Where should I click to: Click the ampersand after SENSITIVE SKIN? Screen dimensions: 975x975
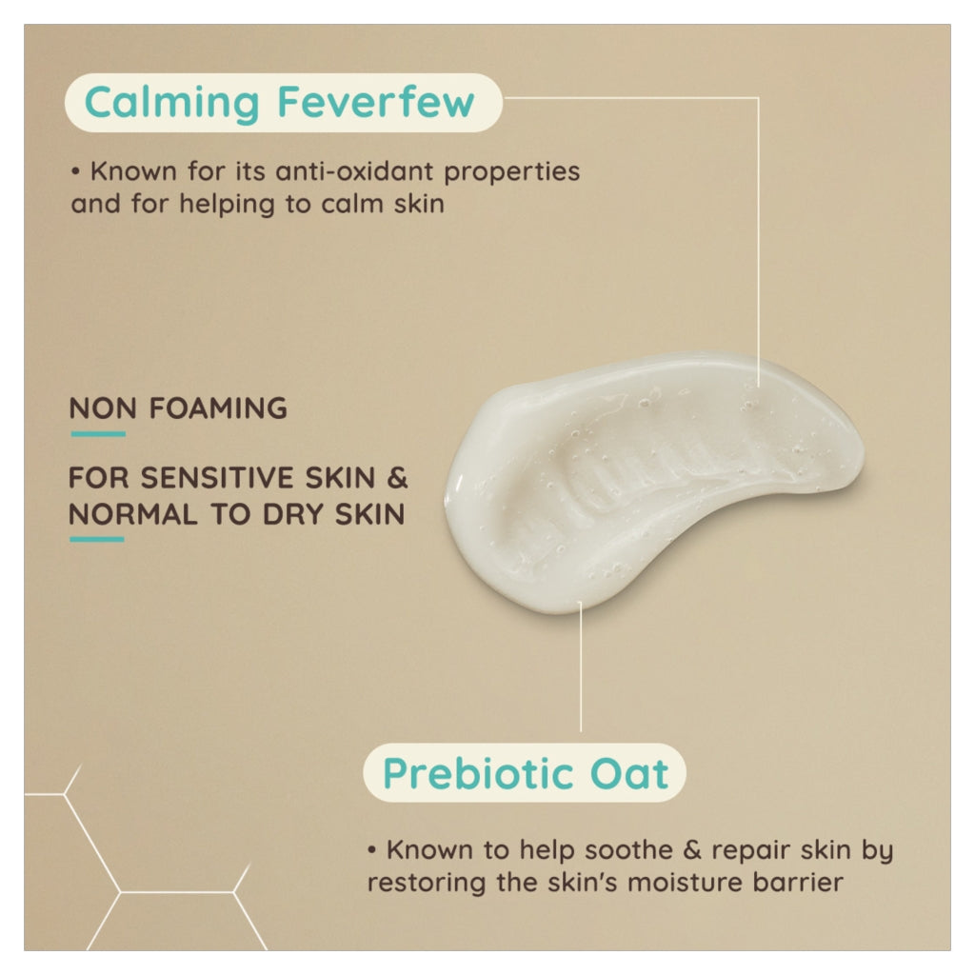(x=398, y=477)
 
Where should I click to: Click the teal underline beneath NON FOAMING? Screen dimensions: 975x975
(x=97, y=434)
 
